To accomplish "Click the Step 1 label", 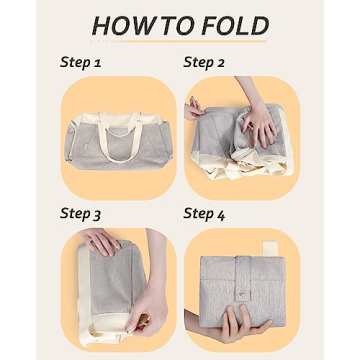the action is pyautogui.click(x=80, y=62).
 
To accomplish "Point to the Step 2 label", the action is pyautogui.click(x=204, y=62).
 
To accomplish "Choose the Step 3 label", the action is pyautogui.click(x=80, y=214).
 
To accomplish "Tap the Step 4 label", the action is pyautogui.click(x=204, y=214).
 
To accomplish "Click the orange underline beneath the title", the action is pyautogui.click(x=196, y=42).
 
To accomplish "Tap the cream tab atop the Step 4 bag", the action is pyautogui.click(x=270, y=248).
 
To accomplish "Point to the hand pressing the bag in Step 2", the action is pyautogui.click(x=259, y=124).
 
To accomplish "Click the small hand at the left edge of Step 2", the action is pyautogui.click(x=194, y=109).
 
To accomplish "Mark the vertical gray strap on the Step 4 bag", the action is pyautogui.click(x=243, y=278).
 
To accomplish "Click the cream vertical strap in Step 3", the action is pyautogui.click(x=84, y=287).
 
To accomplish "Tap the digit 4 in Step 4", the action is pyautogui.click(x=221, y=215).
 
